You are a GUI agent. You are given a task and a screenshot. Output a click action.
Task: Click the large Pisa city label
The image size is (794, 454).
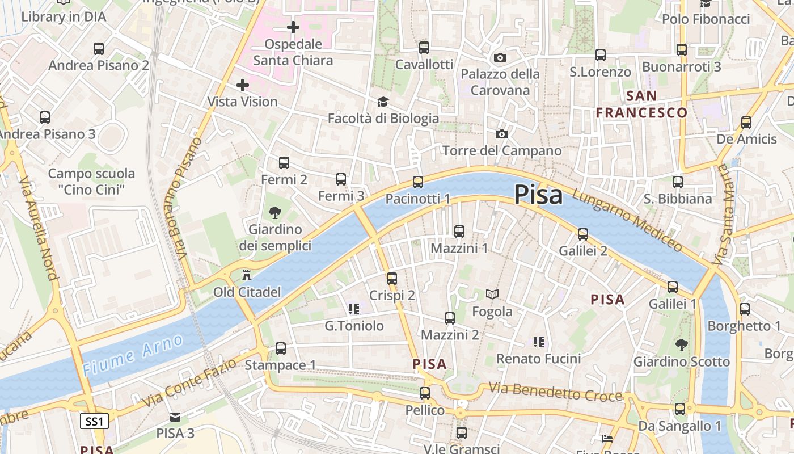click(x=538, y=195)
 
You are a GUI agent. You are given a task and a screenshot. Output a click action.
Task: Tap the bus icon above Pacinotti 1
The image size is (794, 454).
click(x=418, y=182)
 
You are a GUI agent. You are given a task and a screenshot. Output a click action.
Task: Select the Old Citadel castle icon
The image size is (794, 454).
click(x=247, y=276)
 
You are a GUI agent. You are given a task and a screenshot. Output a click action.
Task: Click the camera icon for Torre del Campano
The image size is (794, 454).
click(x=501, y=134)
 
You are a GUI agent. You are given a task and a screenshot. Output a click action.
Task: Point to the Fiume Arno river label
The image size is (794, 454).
click(x=133, y=355)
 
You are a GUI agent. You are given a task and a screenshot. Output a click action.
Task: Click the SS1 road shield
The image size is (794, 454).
click(x=94, y=421)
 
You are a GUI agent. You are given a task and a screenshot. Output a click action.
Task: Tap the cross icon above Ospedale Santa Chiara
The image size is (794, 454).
click(x=293, y=27)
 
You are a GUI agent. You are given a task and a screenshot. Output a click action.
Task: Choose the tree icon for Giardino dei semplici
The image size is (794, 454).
click(x=275, y=213)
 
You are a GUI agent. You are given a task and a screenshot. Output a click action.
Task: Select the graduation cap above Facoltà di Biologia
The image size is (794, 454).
click(x=383, y=102)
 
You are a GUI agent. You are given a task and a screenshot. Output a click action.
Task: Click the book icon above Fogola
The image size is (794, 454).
click(x=492, y=295)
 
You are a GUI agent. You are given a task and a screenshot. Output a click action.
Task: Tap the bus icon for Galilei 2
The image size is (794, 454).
click(x=582, y=234)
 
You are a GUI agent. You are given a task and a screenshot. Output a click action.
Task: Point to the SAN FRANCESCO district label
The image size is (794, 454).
click(x=641, y=104)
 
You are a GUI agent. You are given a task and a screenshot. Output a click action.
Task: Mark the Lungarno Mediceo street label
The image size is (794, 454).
click(x=627, y=220)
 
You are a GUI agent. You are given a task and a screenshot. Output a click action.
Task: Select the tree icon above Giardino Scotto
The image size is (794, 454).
click(x=681, y=344)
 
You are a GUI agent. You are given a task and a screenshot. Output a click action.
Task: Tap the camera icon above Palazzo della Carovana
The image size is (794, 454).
click(x=500, y=58)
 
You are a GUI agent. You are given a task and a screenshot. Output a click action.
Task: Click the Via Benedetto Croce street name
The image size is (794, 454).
click(x=555, y=393)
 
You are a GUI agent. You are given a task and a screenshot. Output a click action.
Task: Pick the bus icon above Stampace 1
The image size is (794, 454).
click(x=281, y=348)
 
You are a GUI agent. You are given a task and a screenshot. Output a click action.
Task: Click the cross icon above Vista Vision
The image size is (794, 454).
click(x=243, y=86)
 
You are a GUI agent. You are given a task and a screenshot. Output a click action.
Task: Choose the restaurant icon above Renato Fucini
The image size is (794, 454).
click(x=539, y=342)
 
